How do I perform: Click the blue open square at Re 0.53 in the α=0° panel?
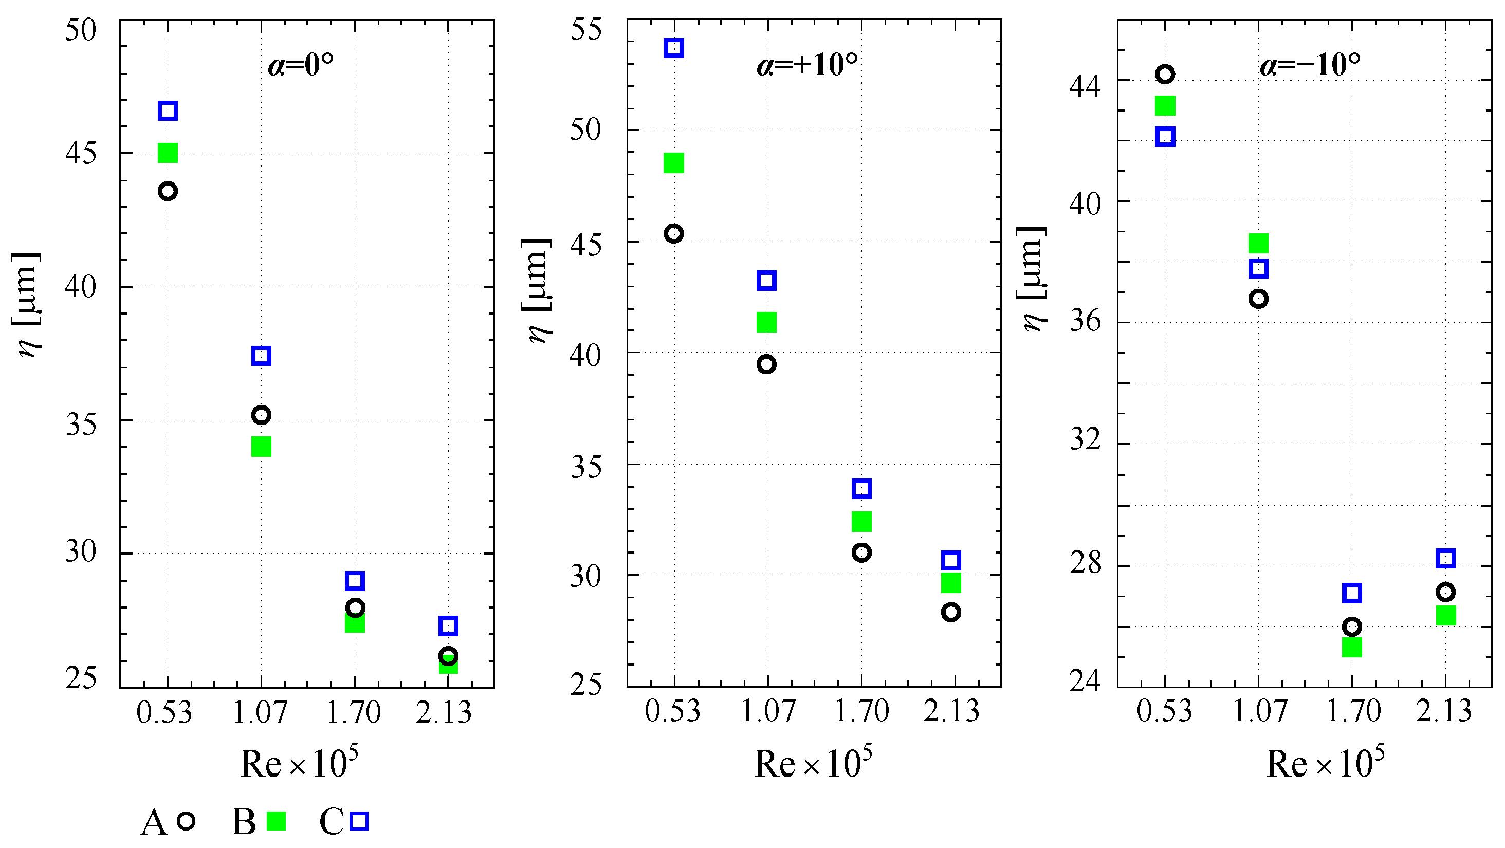[x=168, y=110]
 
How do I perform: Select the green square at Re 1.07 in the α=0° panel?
[x=261, y=447]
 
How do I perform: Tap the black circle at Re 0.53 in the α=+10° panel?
[x=674, y=234]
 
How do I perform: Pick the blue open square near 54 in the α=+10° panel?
[x=674, y=48]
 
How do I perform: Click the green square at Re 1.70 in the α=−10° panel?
[x=1352, y=647]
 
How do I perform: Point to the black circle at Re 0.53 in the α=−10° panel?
[x=1166, y=74]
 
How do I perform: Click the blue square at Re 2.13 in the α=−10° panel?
[x=1445, y=558]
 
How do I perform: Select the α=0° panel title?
[x=301, y=64]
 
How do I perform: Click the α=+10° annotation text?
[x=807, y=64]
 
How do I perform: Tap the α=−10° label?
[x=1310, y=64]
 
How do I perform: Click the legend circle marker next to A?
[x=186, y=821]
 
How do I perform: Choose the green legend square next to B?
[x=276, y=821]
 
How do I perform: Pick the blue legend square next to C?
[x=359, y=821]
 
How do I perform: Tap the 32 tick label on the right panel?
[x=1086, y=438]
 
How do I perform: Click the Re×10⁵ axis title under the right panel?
[x=1325, y=763]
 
